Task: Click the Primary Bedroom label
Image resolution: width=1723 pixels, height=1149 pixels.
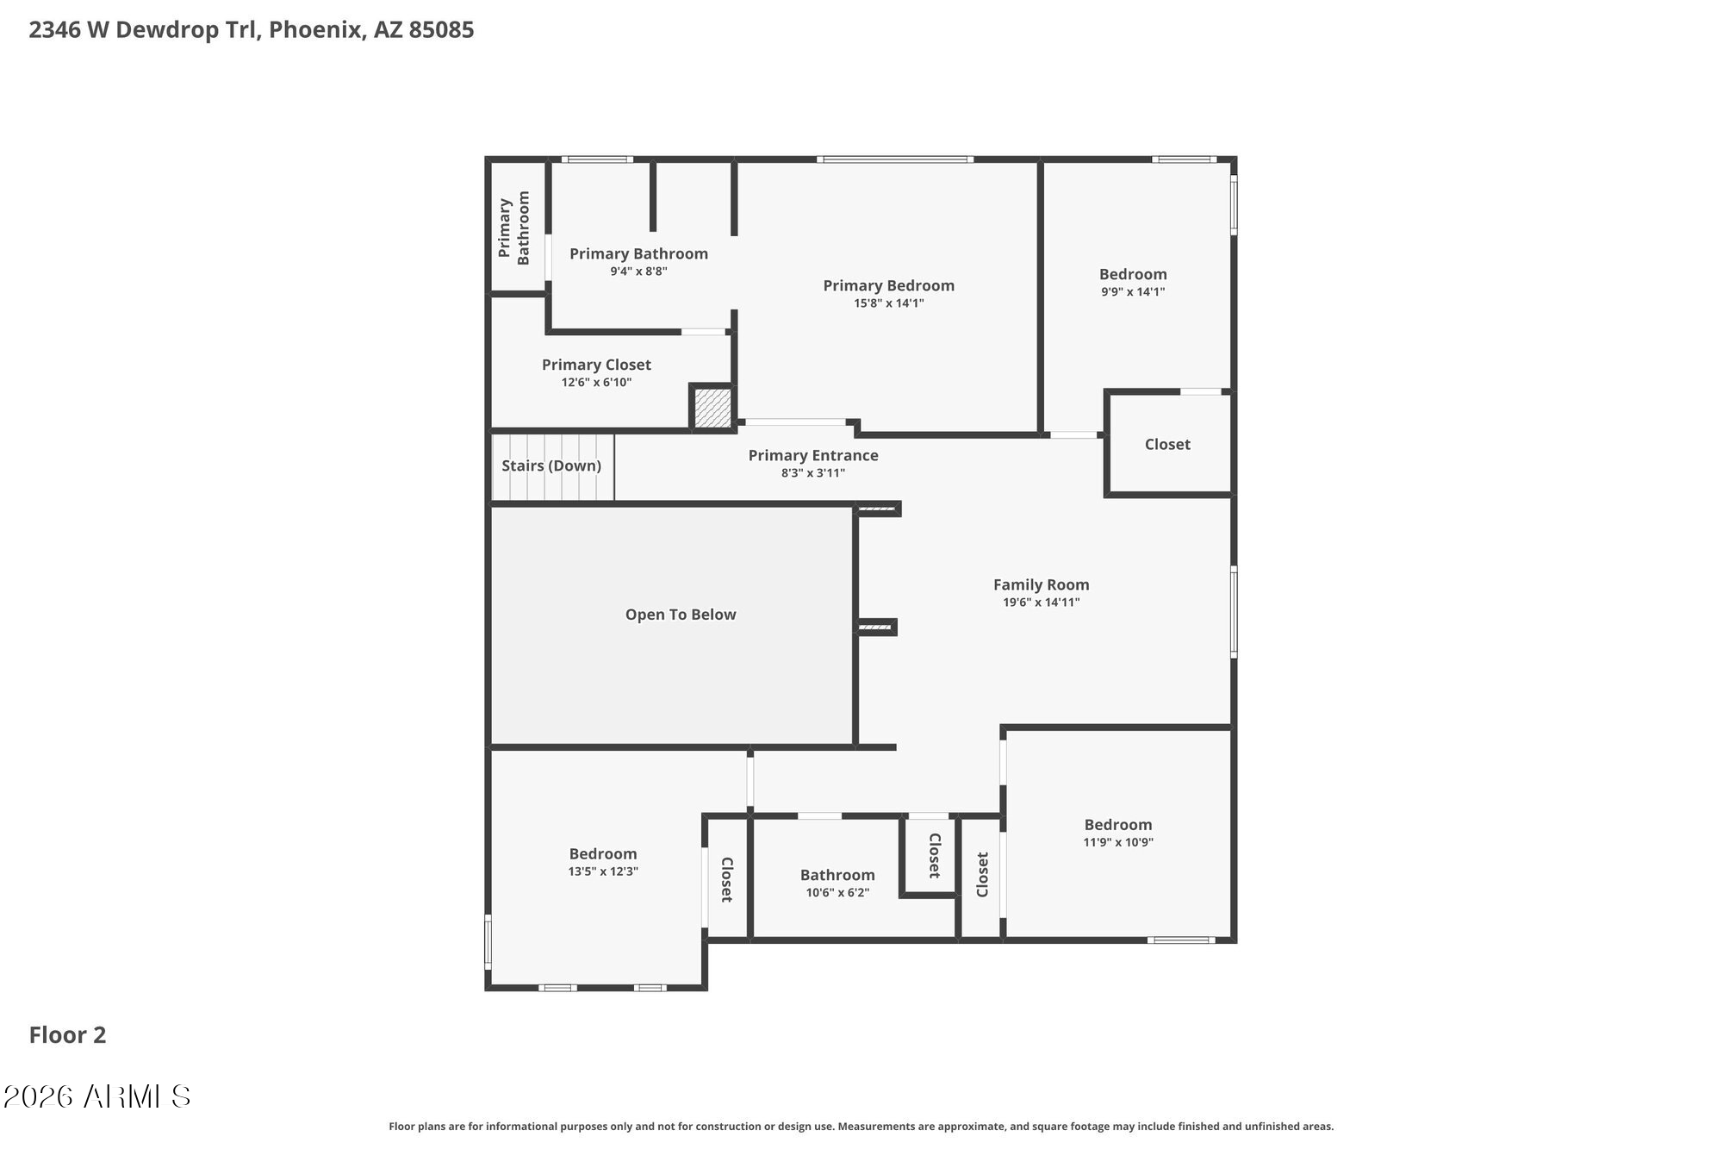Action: point(888,285)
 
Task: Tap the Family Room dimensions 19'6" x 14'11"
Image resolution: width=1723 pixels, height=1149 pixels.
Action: point(1041,603)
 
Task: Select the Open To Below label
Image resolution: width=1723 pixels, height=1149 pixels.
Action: point(681,615)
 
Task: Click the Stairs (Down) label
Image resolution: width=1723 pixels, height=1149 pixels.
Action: point(551,465)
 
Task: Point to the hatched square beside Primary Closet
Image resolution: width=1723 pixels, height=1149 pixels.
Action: point(712,407)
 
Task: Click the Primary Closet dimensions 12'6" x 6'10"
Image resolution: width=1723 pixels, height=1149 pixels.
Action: point(596,383)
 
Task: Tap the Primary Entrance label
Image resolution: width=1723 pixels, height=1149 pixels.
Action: point(812,455)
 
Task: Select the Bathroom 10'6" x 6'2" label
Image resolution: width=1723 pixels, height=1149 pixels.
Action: point(837,875)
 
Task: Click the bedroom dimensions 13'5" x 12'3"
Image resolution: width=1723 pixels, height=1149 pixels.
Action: point(602,871)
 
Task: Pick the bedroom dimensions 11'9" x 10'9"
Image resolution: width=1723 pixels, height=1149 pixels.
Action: point(1117,842)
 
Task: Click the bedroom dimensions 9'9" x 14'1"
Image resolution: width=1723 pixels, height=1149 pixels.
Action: point(1133,291)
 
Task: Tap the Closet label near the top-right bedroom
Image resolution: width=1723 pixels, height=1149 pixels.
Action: point(1167,444)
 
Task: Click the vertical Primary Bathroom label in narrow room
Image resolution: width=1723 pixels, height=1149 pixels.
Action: point(514,228)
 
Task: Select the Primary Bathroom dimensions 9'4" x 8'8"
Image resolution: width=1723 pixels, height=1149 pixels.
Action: point(638,272)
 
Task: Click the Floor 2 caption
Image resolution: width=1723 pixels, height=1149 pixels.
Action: point(67,1035)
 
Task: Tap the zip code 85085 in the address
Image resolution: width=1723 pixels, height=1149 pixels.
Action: point(441,30)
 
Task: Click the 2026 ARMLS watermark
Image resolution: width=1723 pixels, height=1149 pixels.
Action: point(96,1096)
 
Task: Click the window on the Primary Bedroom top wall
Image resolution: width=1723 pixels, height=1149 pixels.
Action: point(894,159)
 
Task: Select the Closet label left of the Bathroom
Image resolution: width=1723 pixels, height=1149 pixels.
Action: point(726,879)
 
